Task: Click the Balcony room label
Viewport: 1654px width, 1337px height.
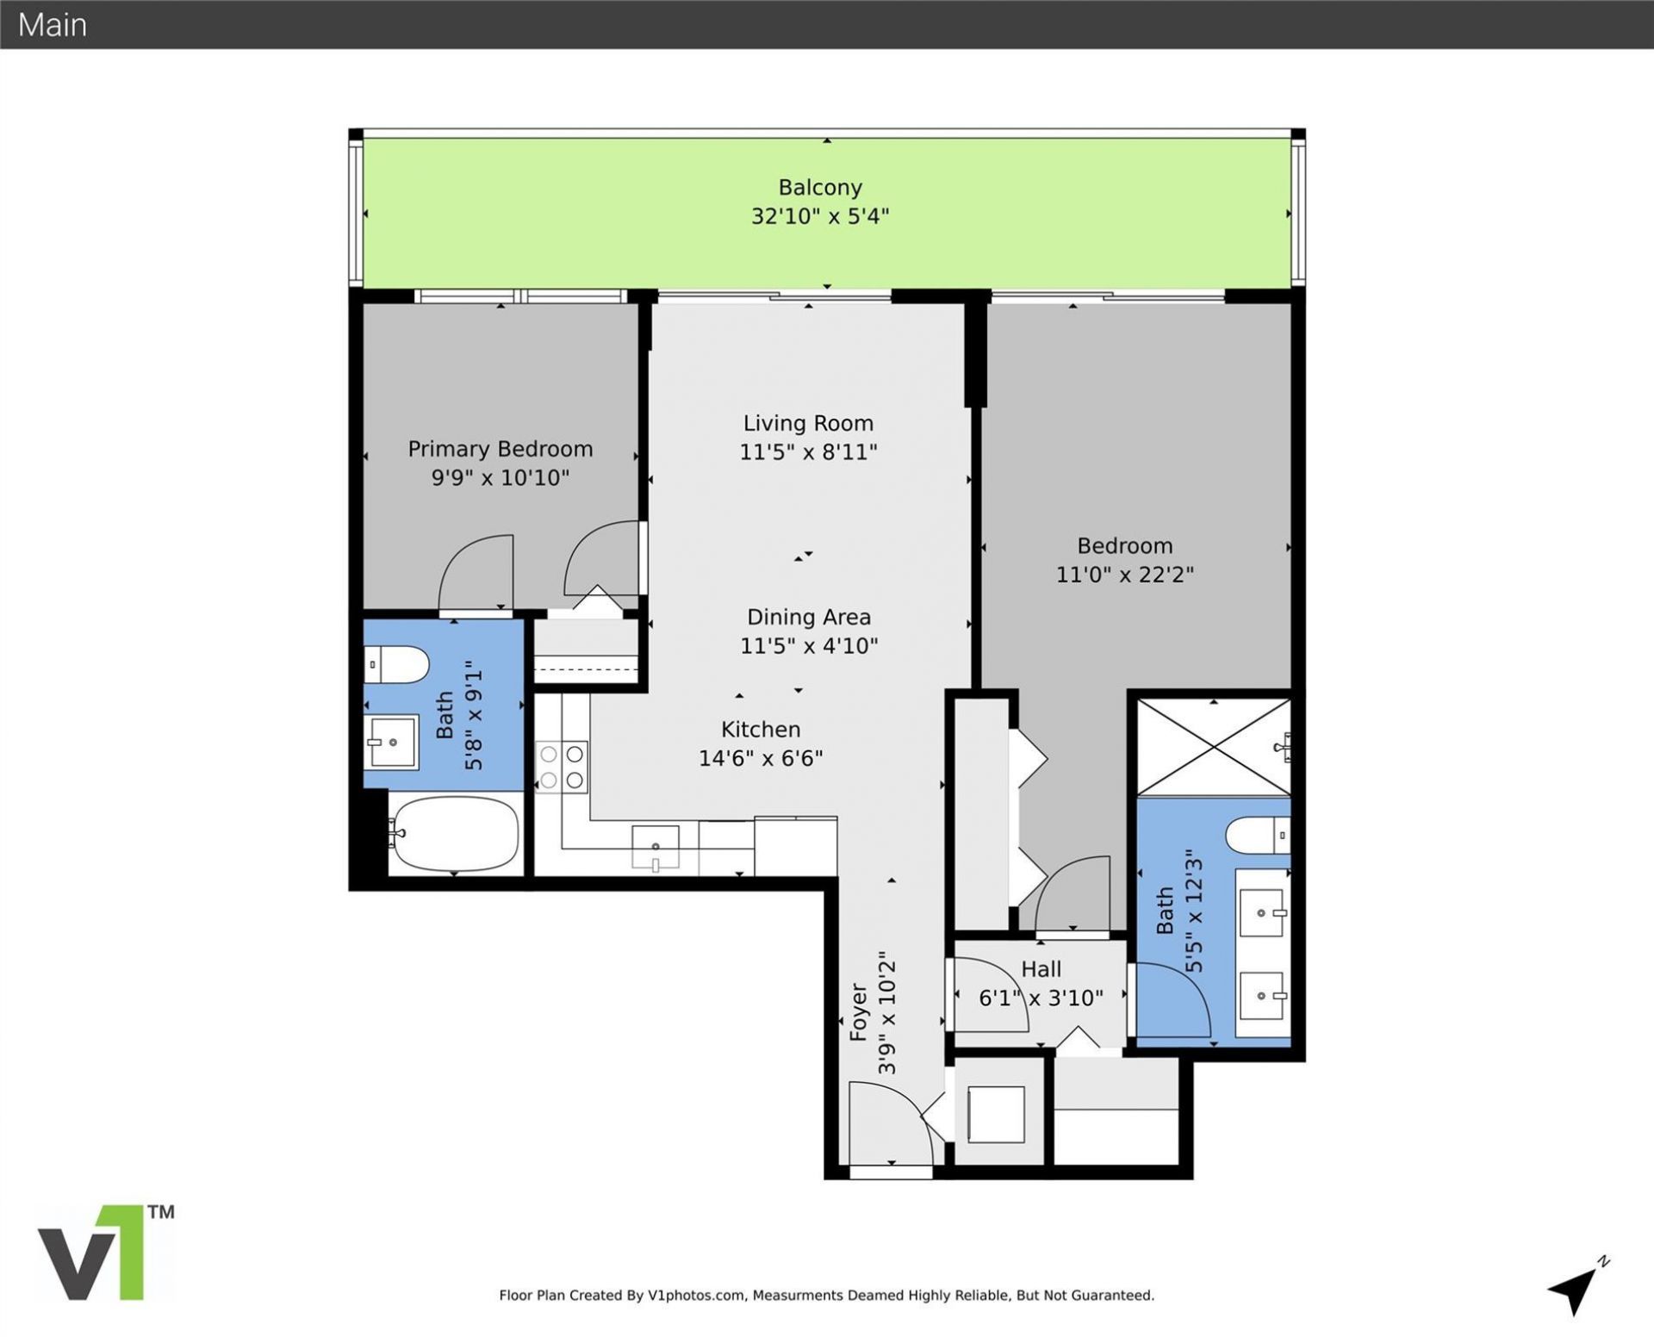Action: (819, 188)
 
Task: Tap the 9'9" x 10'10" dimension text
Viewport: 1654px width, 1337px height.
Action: (500, 477)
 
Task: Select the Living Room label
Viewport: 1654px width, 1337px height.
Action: (808, 423)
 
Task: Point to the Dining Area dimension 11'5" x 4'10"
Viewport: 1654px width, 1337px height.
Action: (808, 645)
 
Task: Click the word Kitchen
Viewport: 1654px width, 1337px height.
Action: (761, 730)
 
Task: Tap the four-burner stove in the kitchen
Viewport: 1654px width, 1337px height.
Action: (562, 767)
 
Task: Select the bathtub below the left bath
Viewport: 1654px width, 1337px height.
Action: (454, 833)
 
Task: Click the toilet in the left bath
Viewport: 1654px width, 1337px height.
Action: (396, 665)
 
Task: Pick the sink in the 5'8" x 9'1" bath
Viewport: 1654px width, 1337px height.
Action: (392, 742)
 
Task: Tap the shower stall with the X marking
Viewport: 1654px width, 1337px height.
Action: (1213, 747)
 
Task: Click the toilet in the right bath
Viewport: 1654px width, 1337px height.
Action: (1258, 835)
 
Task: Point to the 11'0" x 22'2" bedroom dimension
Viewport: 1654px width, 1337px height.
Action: (1124, 574)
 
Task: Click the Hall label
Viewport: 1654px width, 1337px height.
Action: (1041, 969)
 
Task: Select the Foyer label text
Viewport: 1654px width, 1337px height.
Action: (858, 1012)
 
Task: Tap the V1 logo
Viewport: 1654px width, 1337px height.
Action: (105, 1253)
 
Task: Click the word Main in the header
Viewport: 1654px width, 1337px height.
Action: (53, 25)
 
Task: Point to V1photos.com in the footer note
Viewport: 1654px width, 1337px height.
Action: (696, 1295)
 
